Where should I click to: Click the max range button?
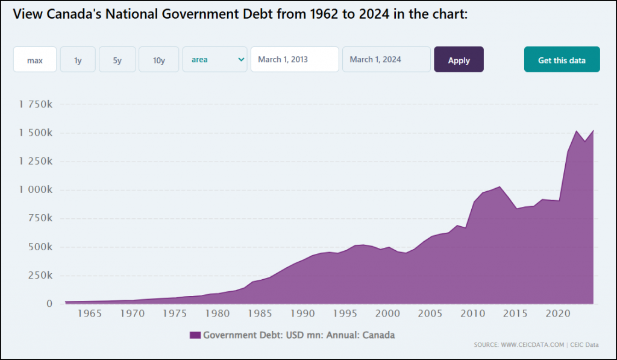[35, 60]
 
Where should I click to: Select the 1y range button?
[78, 60]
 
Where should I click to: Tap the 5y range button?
[117, 60]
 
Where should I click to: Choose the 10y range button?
[158, 60]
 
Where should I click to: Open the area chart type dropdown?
[215, 60]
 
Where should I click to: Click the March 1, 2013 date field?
[295, 60]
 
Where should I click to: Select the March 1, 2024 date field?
[386, 60]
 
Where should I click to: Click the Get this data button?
[562, 60]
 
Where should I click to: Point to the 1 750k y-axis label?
[36, 105]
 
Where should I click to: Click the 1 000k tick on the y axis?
[36, 190]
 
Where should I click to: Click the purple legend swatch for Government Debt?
[195, 335]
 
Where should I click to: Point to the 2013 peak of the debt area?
[500, 187]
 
